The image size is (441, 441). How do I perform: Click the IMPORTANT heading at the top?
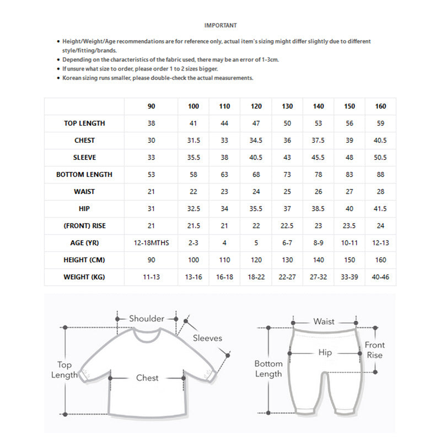tap(220, 25)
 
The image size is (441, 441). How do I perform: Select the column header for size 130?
tap(287, 106)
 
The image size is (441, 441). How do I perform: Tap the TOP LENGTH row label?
tap(84, 123)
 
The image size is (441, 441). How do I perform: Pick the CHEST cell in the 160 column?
tap(380, 141)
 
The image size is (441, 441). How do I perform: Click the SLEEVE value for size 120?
tap(256, 158)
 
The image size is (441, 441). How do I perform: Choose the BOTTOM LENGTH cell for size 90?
tap(152, 175)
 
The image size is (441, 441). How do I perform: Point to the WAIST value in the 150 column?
tap(349, 192)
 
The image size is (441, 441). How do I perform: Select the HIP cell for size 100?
tap(193, 209)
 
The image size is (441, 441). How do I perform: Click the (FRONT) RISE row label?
tap(84, 226)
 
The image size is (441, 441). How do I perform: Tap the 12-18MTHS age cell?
tap(152, 243)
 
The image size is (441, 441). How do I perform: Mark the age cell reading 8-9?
tap(318, 243)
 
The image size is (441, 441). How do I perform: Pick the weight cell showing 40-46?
tap(380, 277)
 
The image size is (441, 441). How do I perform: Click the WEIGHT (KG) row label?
tap(84, 277)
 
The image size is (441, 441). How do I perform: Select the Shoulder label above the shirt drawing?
tap(147, 319)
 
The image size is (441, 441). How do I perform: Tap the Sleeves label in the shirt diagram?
tap(207, 338)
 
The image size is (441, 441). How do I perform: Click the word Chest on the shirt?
tap(147, 378)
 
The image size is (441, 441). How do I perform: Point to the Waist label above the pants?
tap(324, 321)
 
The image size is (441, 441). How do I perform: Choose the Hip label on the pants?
tap(325, 352)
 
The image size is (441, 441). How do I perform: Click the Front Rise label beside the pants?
tap(375, 350)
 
